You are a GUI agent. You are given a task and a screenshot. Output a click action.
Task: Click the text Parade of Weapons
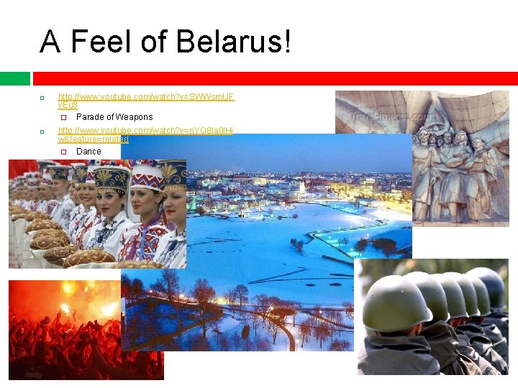(x=114, y=116)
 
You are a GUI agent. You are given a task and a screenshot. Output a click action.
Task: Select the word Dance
(x=88, y=151)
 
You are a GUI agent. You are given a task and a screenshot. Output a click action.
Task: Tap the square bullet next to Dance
(x=63, y=152)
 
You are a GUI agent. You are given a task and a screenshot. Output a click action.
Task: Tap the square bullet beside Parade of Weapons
(x=63, y=117)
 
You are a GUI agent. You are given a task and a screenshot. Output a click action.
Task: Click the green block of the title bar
(x=14, y=78)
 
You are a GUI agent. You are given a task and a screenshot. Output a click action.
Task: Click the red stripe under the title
(x=273, y=78)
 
